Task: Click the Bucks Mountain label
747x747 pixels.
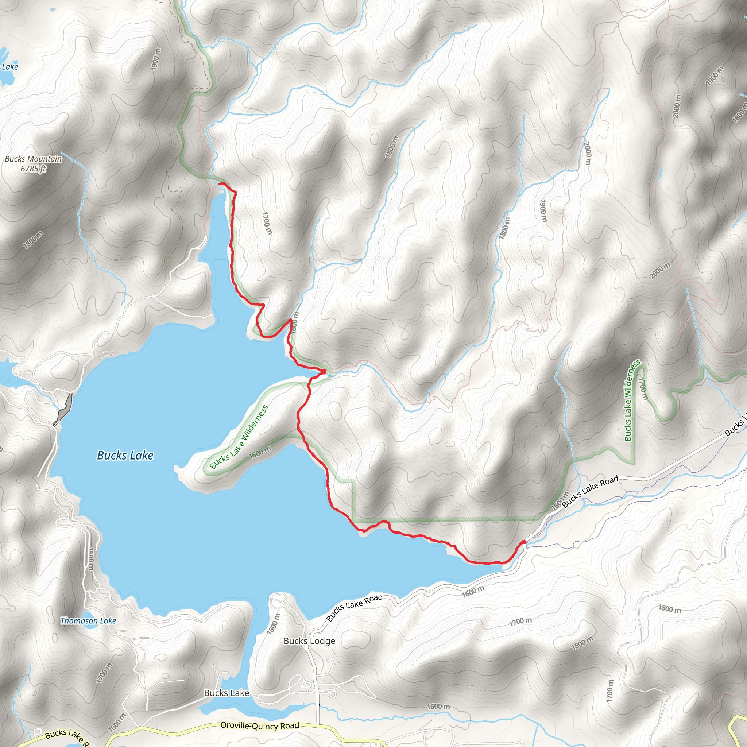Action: click(x=33, y=159)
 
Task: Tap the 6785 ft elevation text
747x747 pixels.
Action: click(x=33, y=169)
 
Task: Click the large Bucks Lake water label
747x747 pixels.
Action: click(x=125, y=456)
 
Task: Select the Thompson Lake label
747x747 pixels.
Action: click(x=88, y=620)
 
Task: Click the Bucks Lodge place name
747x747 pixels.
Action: click(x=309, y=641)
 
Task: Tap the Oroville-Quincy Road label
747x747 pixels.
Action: click(x=259, y=726)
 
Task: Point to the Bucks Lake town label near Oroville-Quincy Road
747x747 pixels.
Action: click(x=226, y=693)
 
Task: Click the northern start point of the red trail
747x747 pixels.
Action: click(x=220, y=184)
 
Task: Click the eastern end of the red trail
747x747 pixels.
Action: click(x=524, y=542)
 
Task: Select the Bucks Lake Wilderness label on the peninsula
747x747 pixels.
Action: click(x=239, y=437)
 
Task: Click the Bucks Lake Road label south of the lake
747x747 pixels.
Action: click(x=354, y=607)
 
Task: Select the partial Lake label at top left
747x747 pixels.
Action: click(x=10, y=67)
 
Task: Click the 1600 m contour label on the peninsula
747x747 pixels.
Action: click(x=260, y=452)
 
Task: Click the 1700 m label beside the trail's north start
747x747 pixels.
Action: click(x=266, y=223)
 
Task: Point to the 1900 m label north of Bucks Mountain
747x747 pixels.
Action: click(x=155, y=59)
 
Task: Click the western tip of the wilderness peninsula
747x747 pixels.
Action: click(x=178, y=470)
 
